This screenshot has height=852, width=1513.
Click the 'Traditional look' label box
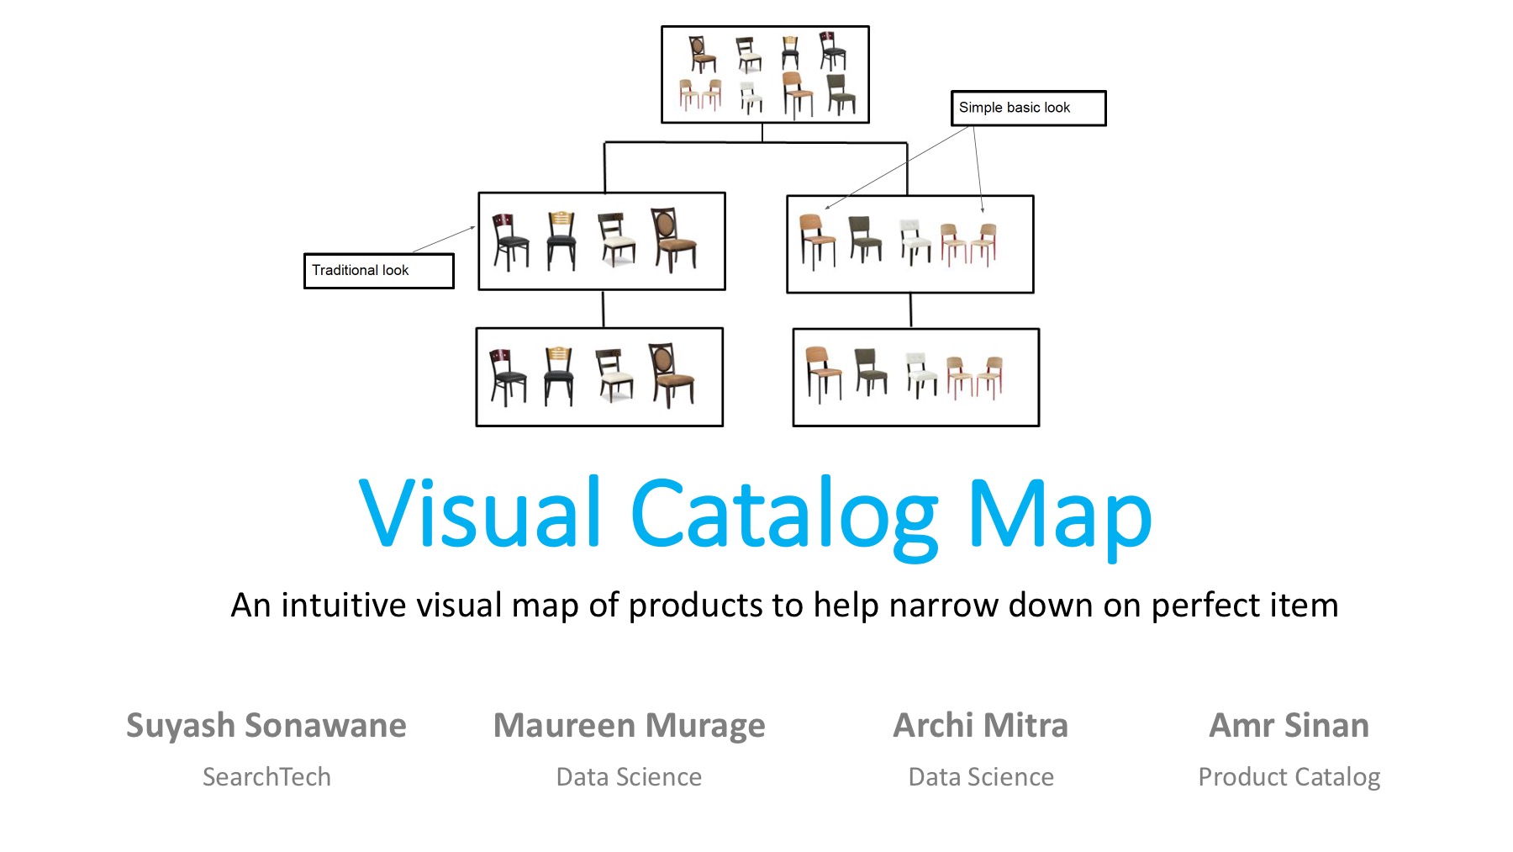click(x=378, y=271)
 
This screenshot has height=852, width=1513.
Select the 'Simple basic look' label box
click(x=1027, y=108)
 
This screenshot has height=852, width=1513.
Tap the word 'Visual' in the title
click(x=480, y=512)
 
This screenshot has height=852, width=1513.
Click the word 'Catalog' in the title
click(x=783, y=515)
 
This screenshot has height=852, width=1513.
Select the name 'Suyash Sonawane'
click(x=266, y=725)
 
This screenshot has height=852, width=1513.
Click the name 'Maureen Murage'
click(x=629, y=725)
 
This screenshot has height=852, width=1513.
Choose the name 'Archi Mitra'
click(x=980, y=725)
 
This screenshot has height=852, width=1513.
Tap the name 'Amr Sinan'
click(x=1289, y=725)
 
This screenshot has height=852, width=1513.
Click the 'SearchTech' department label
click(x=266, y=776)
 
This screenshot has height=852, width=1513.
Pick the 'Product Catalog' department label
click(x=1289, y=777)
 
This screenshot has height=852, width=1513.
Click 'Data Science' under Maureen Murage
click(x=629, y=776)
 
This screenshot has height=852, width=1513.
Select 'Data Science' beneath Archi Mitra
click(x=980, y=776)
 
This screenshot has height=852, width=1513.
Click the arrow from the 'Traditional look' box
click(x=443, y=240)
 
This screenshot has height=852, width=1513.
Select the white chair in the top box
click(x=751, y=96)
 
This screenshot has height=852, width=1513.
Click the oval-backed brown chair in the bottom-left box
click(x=670, y=374)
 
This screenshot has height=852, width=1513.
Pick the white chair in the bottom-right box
click(x=920, y=374)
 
